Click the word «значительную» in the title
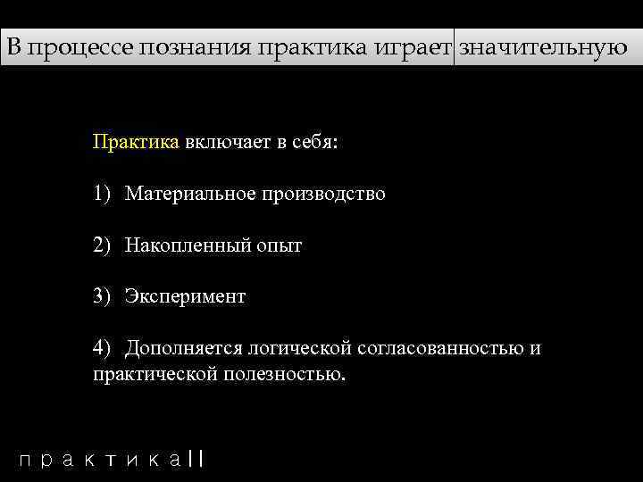pos(543,47)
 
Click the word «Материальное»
pos(188,194)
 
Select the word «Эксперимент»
pos(185,296)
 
